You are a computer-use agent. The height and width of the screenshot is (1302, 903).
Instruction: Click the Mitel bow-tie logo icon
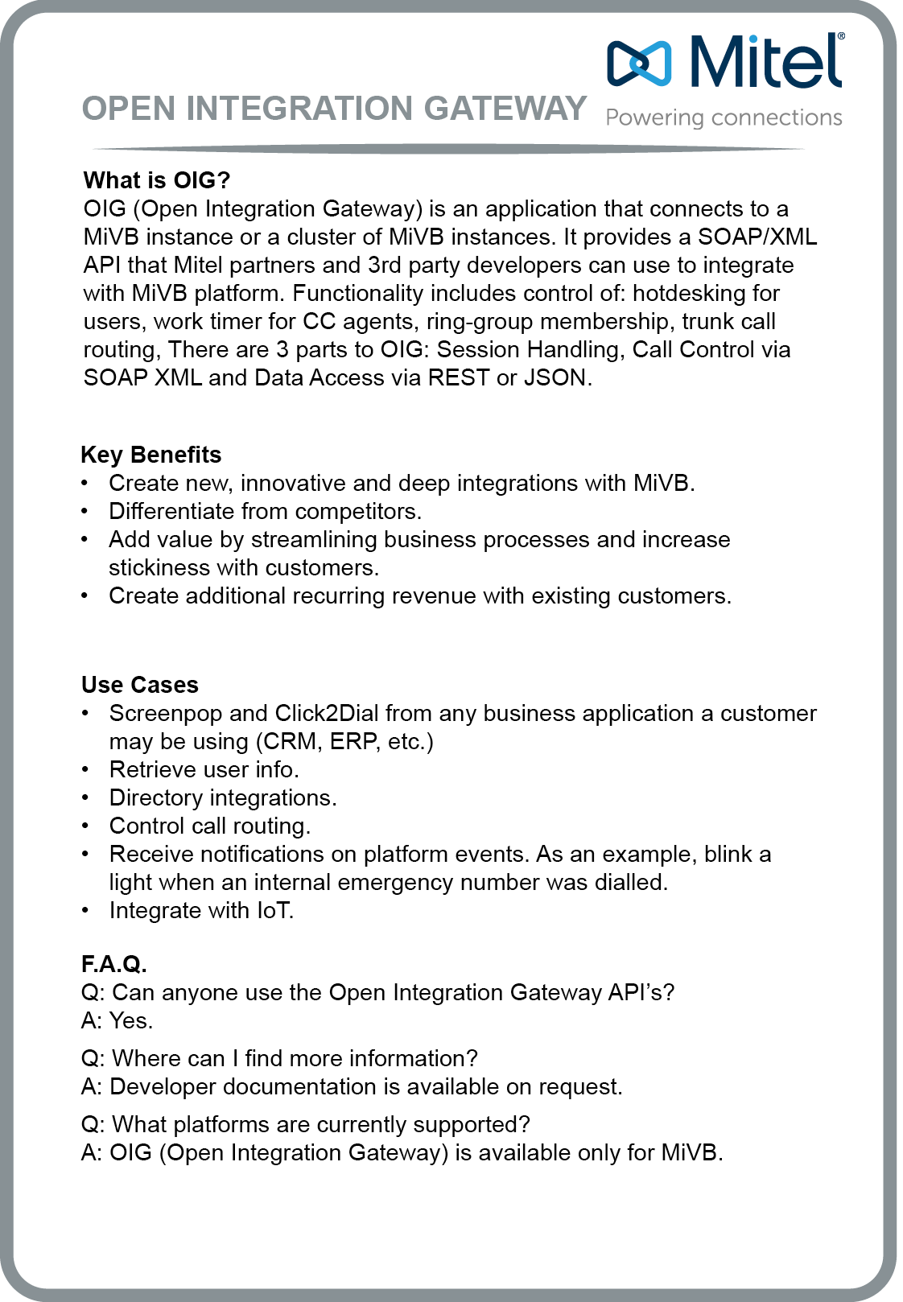639,63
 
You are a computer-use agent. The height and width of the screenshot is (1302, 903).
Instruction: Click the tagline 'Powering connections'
724,118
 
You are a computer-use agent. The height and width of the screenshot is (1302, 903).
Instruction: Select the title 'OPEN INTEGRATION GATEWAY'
334,109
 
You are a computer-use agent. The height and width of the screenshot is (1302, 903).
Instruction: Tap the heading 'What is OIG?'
157,180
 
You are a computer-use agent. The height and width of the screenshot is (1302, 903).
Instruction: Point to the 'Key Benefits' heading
151,455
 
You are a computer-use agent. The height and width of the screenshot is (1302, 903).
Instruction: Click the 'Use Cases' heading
140,685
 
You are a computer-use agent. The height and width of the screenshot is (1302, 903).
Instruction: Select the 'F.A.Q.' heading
114,964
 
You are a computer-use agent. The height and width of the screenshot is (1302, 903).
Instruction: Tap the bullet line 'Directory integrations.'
223,797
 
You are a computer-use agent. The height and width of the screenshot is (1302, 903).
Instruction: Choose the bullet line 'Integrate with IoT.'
201,910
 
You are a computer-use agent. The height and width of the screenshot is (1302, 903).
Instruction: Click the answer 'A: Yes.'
118,1020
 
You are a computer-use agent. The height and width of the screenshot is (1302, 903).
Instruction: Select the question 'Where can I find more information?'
295,1058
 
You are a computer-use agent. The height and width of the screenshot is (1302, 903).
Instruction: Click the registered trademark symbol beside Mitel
841,36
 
